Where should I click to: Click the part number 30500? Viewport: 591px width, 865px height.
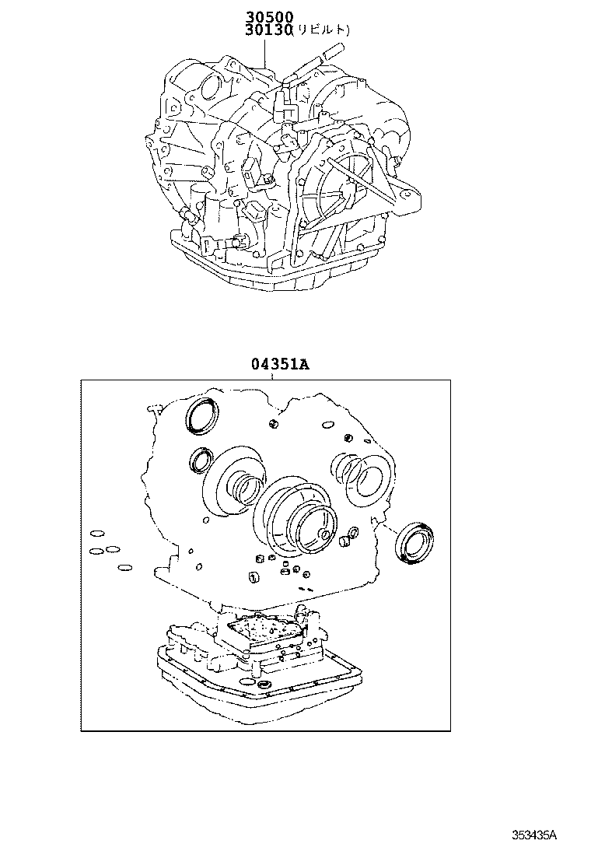(x=266, y=16)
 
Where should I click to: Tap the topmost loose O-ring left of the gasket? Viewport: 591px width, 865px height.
(x=97, y=534)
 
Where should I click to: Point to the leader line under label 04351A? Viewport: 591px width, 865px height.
(x=271, y=376)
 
